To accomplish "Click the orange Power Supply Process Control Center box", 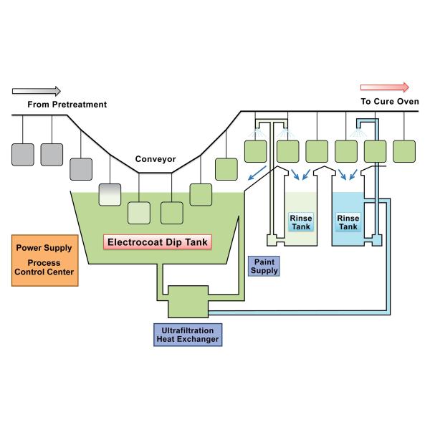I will pos(44,259).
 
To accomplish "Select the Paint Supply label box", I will pos(263,266).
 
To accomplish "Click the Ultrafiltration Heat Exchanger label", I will pos(186,334).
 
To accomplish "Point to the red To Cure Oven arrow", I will pos(384,87).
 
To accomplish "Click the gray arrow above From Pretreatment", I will pos(37,91).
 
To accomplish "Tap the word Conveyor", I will pos(156,159).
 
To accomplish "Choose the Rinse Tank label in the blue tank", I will pos(348,222).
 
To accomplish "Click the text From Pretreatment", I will pos(67,105).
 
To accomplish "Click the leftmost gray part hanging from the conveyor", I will pos(23,154).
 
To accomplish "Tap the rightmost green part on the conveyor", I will pos(403,151).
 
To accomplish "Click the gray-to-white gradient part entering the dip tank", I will pos(109,194).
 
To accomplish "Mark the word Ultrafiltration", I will pos(186,329).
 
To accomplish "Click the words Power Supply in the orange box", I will pos(44,248).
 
